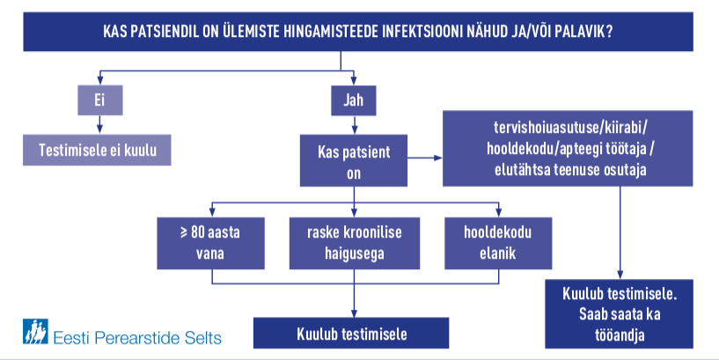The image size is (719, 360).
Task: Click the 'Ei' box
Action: (100, 100)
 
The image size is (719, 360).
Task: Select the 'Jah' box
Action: (354, 100)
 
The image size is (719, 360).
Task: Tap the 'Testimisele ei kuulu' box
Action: (97, 150)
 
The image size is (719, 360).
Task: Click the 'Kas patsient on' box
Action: (354, 160)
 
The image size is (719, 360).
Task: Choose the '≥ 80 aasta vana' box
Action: (211, 243)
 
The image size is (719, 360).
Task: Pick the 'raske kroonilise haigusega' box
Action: (355, 243)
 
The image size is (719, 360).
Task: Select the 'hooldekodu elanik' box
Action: (498, 243)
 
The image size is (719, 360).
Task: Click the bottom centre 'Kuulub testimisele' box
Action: (351, 333)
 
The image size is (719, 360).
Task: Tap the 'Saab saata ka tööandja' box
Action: (619, 314)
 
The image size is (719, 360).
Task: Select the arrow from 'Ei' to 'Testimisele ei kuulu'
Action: (100, 125)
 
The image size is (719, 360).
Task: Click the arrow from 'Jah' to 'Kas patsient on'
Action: (354, 125)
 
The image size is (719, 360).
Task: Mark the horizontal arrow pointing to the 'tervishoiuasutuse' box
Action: (424, 158)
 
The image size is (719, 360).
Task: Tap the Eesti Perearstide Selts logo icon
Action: (35, 332)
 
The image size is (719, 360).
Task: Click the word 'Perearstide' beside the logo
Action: (136, 338)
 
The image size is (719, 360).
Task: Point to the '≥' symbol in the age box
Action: (183, 231)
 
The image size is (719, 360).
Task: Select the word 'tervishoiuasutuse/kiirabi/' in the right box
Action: (570, 127)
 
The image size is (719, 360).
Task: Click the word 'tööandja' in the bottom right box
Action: (620, 335)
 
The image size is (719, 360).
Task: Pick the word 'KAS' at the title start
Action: (114, 32)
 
